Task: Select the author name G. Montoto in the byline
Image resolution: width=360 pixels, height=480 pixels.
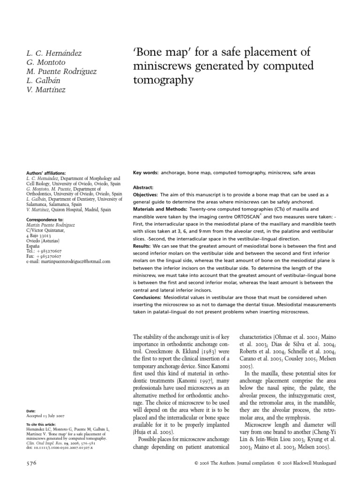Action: pos(45,62)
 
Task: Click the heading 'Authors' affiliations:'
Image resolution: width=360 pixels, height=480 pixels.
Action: pos(46,173)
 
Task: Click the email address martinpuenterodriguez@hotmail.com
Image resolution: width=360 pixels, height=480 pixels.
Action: pos(68,261)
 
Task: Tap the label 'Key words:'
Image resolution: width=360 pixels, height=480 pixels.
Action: pos(145,173)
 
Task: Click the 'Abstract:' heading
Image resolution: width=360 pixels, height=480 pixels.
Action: pos(143,187)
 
